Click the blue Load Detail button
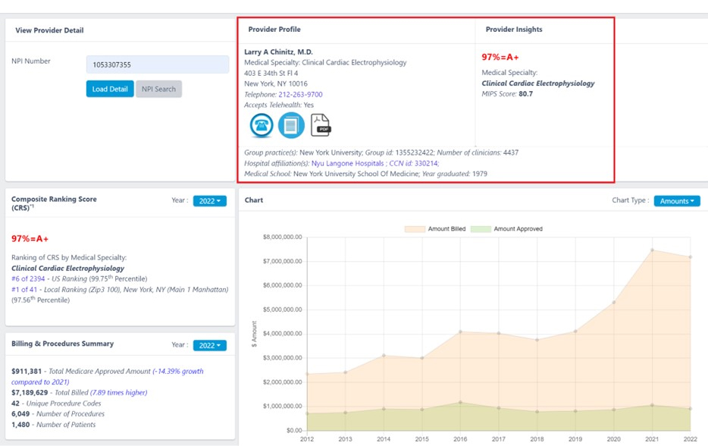tap(110, 89)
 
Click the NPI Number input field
tap(158, 64)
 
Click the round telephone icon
tap(262, 125)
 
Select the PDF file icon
tap(321, 125)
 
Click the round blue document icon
tap(291, 125)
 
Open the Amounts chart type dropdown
tap(677, 201)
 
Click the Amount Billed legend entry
tap(435, 228)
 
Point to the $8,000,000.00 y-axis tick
tap(282, 237)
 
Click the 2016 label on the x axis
tap(461, 438)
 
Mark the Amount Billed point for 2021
tap(652, 250)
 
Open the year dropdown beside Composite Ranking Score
tap(210, 201)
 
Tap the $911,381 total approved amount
tap(27, 372)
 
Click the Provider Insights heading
tap(513, 30)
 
